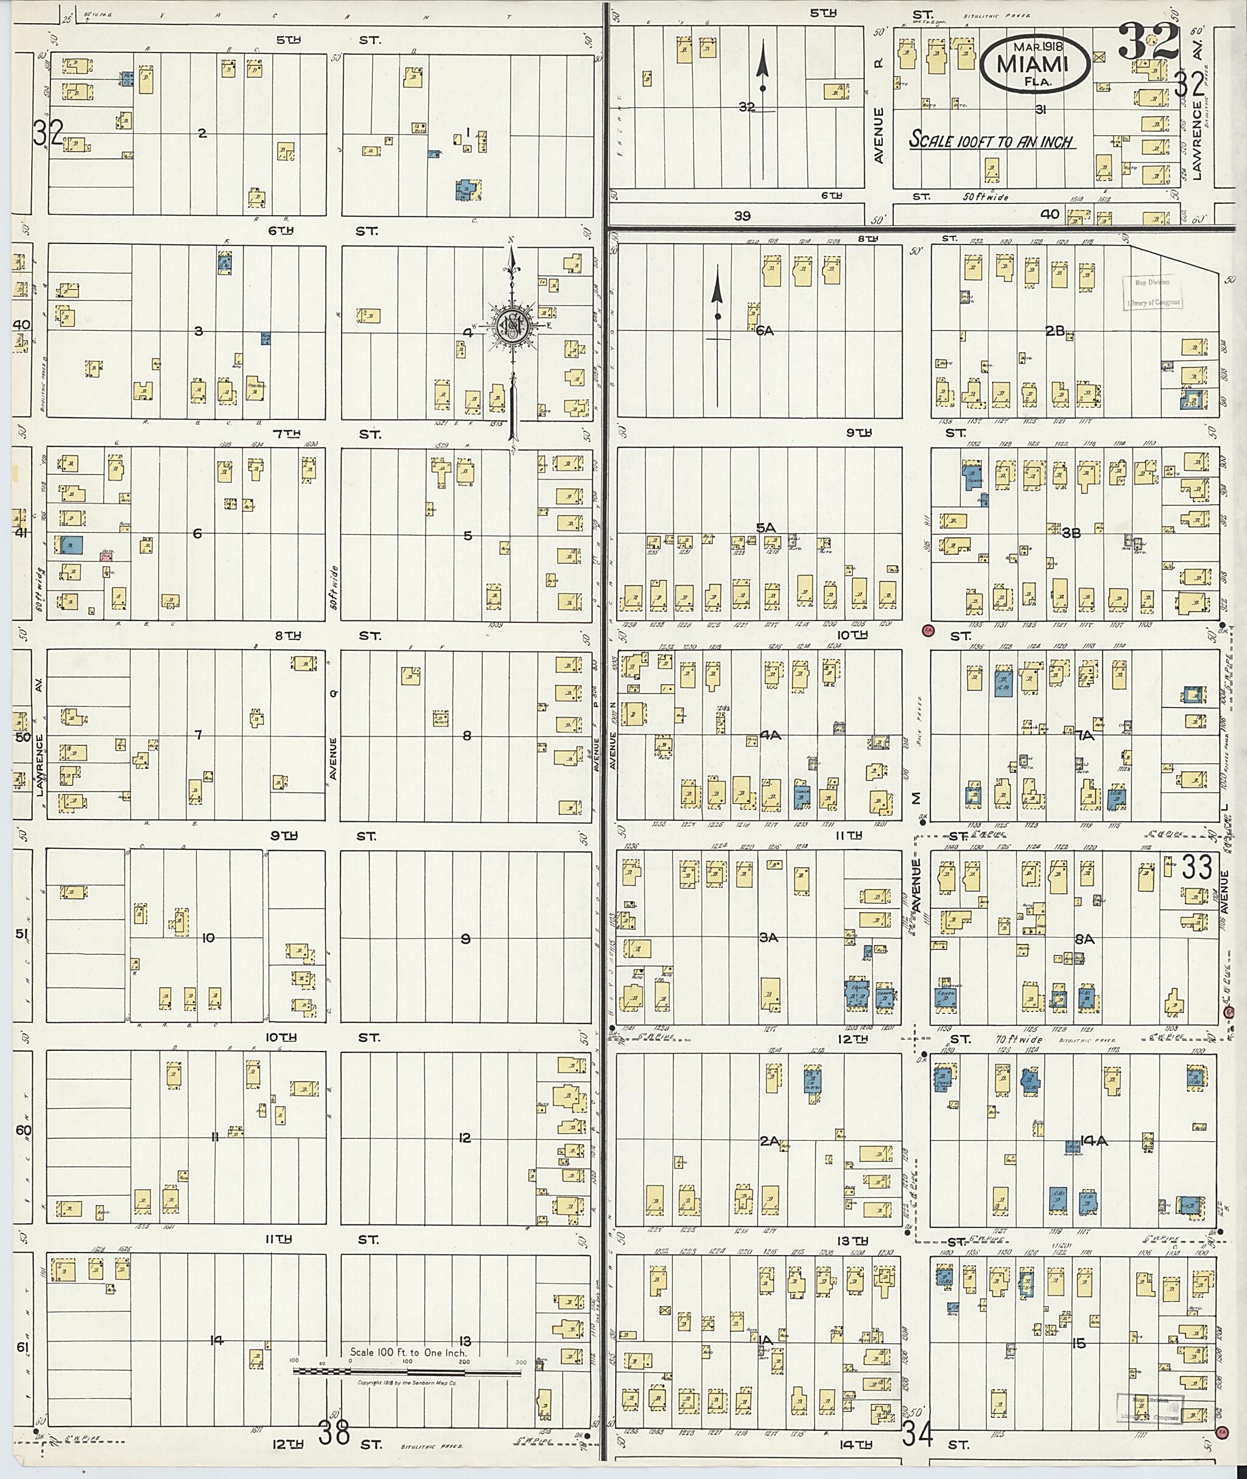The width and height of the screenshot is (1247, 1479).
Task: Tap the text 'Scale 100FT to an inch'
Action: pos(991,140)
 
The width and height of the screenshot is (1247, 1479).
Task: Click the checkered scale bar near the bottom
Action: pos(407,1372)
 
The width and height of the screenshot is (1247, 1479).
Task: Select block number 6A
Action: pos(764,330)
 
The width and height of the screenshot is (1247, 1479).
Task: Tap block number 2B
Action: pos(1055,330)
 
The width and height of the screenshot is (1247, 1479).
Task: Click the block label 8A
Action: pos(1084,939)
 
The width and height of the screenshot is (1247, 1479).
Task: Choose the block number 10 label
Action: pos(208,938)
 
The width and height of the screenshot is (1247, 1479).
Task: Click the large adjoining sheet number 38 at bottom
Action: pos(334,1434)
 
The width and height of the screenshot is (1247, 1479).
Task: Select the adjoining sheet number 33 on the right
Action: pos(1197,866)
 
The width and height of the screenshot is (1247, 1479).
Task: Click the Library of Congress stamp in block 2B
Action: pos(1152,292)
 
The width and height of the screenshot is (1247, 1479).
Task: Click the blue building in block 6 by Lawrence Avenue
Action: pos(72,544)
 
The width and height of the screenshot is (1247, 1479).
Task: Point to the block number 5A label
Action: pos(765,527)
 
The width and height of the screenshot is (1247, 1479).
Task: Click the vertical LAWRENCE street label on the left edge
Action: pos(40,765)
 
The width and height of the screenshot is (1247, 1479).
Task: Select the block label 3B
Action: pos(1071,533)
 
